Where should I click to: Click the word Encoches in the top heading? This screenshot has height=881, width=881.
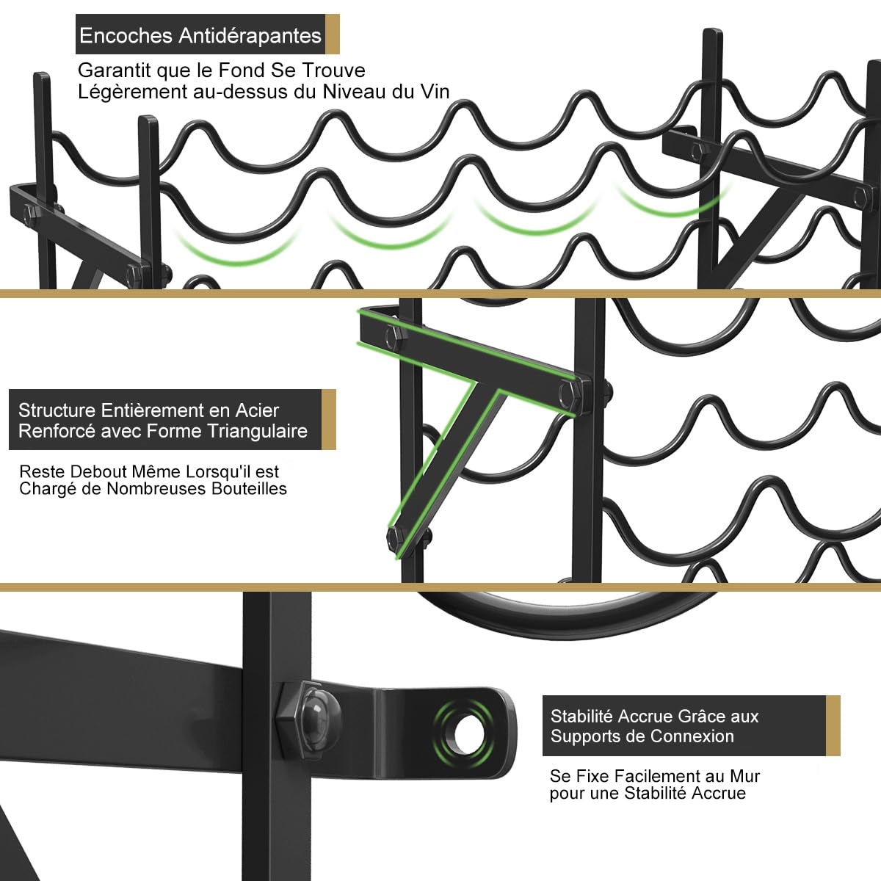[x=126, y=36]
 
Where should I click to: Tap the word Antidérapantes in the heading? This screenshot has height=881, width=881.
[x=250, y=36]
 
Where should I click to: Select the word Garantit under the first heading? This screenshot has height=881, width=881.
[x=115, y=70]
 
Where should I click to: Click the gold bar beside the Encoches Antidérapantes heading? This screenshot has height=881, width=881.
[x=333, y=35]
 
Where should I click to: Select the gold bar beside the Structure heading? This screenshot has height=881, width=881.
[x=329, y=420]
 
